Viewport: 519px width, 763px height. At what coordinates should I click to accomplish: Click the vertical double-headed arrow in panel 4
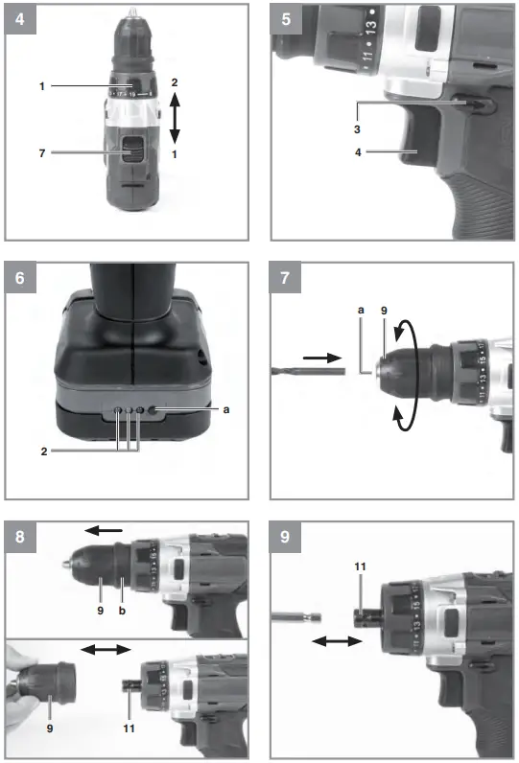point(174,118)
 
